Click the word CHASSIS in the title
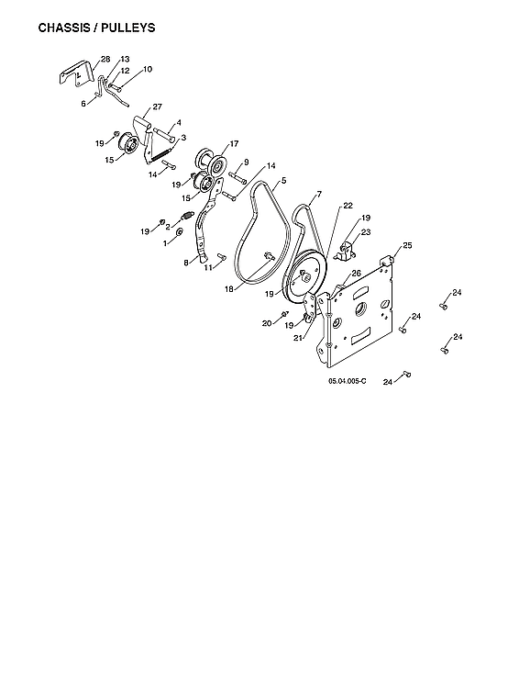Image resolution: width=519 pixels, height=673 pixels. pyautogui.click(x=66, y=28)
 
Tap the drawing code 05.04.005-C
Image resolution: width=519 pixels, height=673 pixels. pyautogui.click(x=347, y=380)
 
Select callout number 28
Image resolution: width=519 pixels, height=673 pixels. pyautogui.click(x=105, y=59)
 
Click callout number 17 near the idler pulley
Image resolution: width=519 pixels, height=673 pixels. pyautogui.click(x=234, y=143)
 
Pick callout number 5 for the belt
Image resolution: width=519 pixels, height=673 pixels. pyautogui.click(x=283, y=182)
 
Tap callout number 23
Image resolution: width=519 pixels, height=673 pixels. pyautogui.click(x=366, y=233)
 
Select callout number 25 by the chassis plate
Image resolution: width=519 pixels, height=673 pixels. pyautogui.click(x=407, y=245)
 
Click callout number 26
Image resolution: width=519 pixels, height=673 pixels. pyautogui.click(x=357, y=274)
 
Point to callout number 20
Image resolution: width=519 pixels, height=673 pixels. pyautogui.click(x=267, y=323)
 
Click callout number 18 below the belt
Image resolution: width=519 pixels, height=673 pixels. pyautogui.click(x=229, y=288)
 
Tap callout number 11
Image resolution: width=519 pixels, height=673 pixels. pyautogui.click(x=208, y=267)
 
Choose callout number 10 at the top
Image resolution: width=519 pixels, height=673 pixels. pyautogui.click(x=148, y=70)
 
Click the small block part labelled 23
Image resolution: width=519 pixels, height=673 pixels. pyautogui.click(x=348, y=250)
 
